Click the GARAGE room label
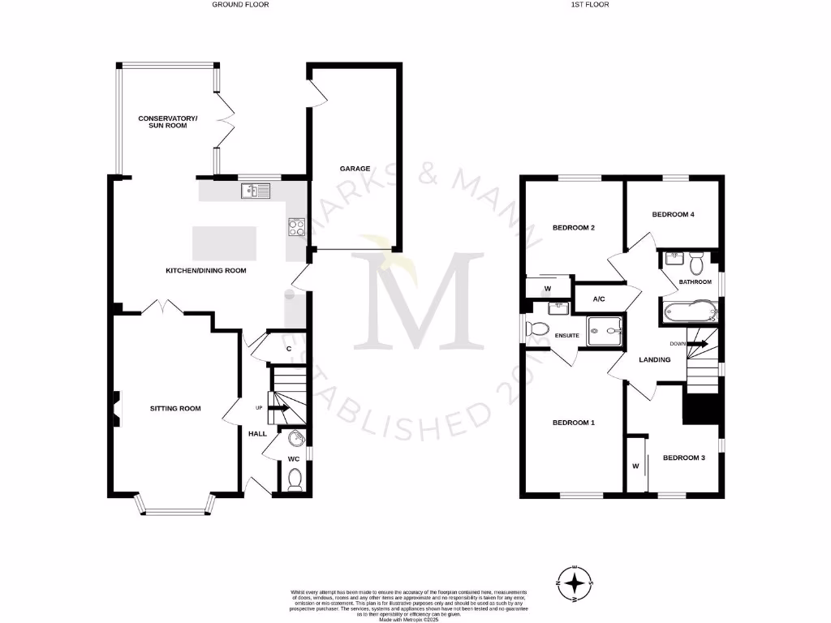(355, 169)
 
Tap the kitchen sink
(254, 191)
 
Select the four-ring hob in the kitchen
(296, 228)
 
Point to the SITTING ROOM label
(175, 408)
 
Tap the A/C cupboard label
(599, 299)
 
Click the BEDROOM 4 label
(674, 214)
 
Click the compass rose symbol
(575, 582)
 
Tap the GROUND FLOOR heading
(240, 5)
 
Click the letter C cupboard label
(289, 349)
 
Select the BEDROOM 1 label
(574, 423)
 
